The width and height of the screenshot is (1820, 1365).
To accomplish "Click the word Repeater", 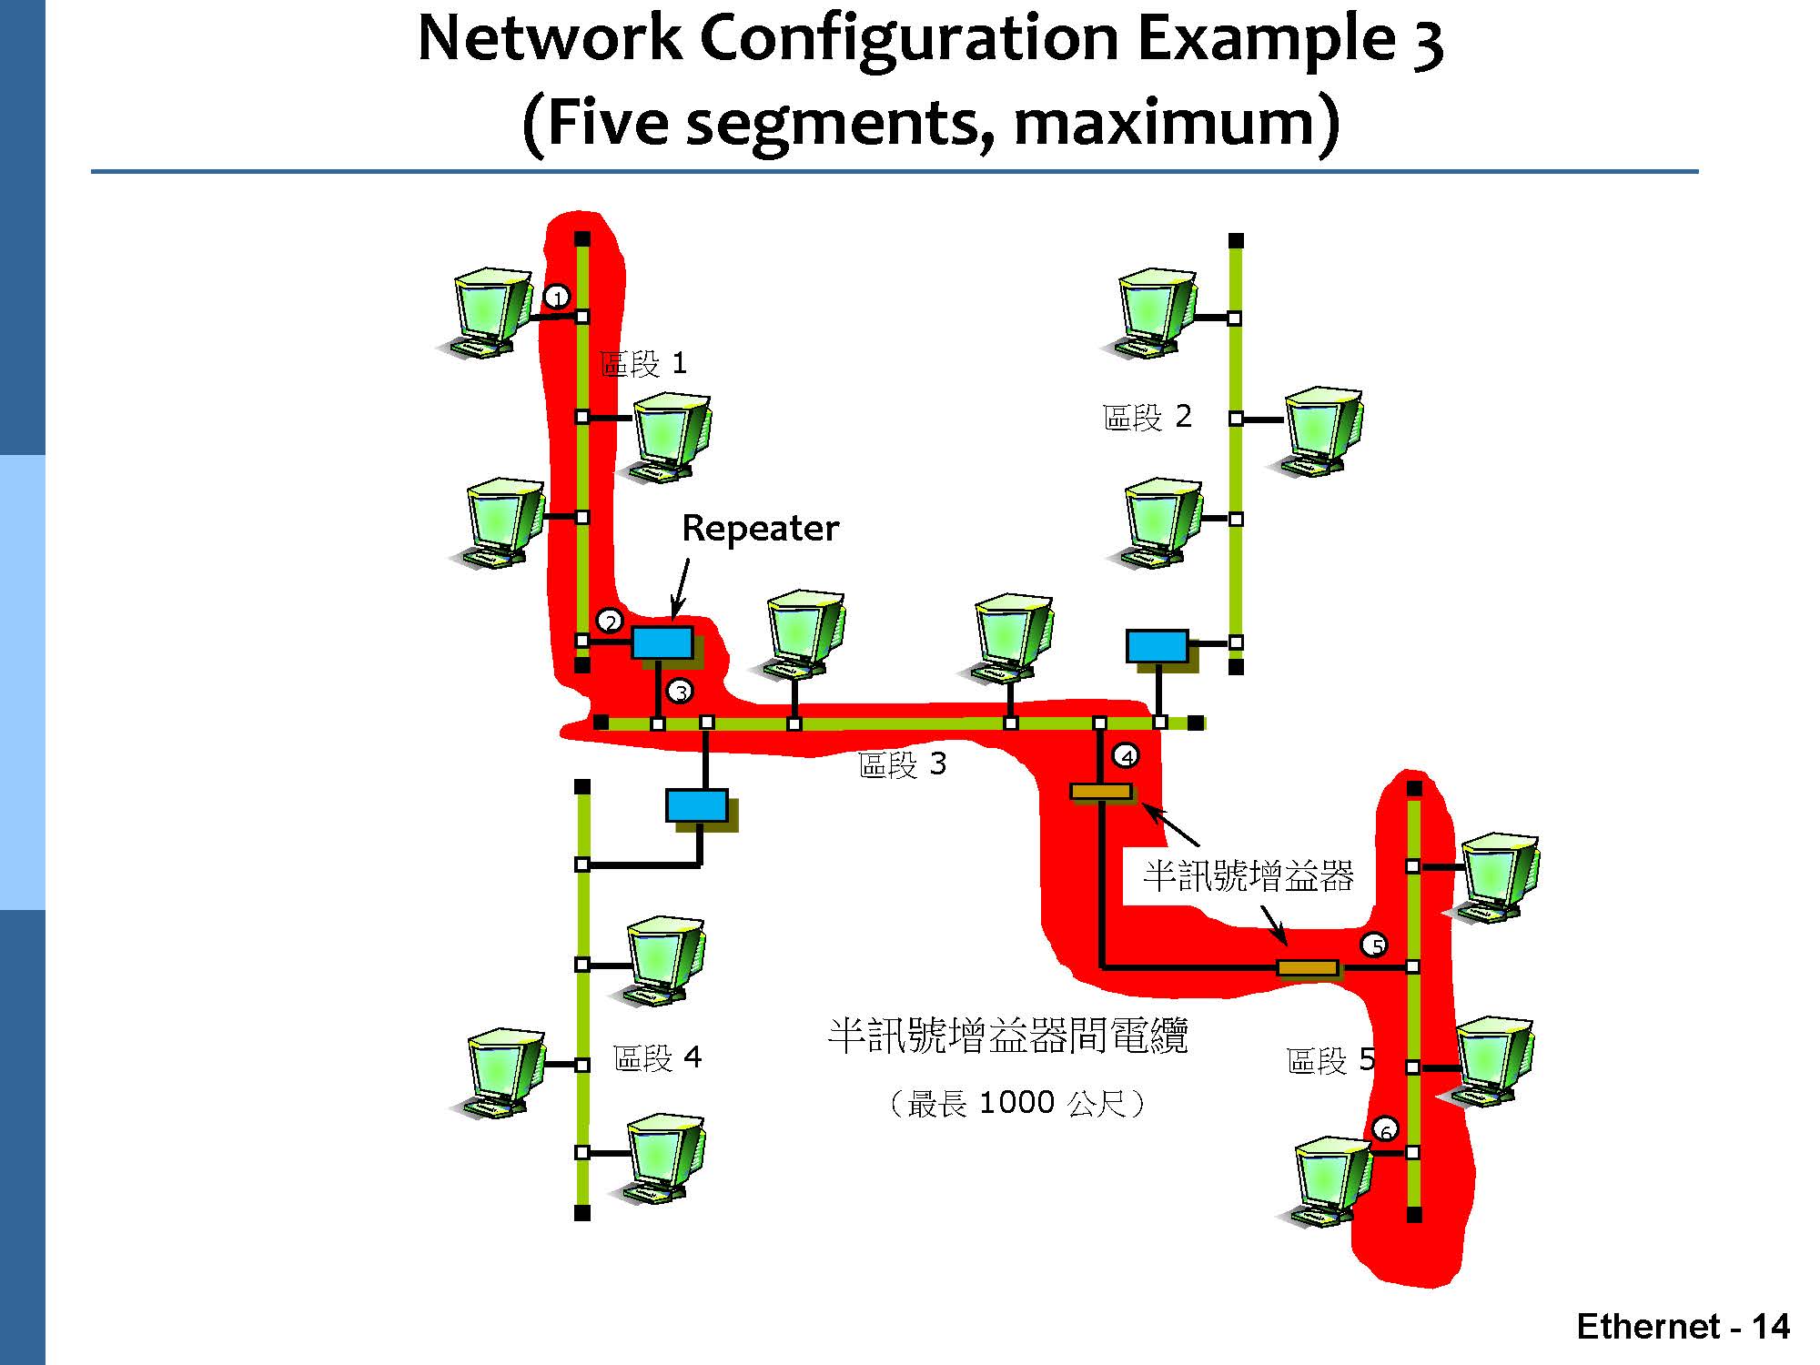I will point(760,528).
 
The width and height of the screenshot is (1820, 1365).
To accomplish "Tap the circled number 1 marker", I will point(557,297).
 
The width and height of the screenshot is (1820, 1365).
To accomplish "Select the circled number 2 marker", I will point(610,622).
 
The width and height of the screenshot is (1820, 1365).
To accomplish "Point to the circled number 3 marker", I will point(680,692).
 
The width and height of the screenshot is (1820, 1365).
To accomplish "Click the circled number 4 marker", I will point(1126,756).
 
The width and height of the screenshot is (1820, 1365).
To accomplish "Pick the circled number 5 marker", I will point(1374,945).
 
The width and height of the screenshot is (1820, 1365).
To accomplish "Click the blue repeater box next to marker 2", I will point(662,642).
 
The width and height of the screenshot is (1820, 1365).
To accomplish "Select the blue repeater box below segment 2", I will point(1158,646).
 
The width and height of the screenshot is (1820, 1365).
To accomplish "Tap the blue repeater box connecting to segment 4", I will point(697,805).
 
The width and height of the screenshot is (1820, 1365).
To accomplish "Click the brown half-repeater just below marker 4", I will point(1101,792).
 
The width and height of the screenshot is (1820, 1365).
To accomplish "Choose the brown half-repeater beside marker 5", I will point(1308,967).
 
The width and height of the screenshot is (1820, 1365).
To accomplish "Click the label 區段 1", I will point(643,364).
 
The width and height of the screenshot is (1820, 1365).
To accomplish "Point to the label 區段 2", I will point(1147,418).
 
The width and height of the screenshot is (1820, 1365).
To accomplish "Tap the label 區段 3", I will point(902,764).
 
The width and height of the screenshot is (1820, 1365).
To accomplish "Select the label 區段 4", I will point(657,1057).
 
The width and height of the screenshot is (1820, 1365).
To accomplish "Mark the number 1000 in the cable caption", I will point(1016,1103).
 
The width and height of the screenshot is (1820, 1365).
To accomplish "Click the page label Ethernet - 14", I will point(1683,1327).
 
